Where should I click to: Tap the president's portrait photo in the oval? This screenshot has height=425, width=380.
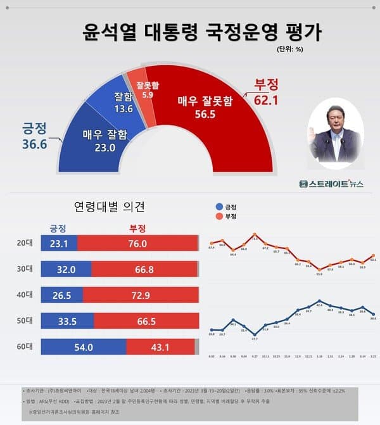coord(335,134)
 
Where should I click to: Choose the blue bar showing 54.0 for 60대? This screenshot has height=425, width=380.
coord(83,347)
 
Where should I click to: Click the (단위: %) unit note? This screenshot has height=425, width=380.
coord(291,49)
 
